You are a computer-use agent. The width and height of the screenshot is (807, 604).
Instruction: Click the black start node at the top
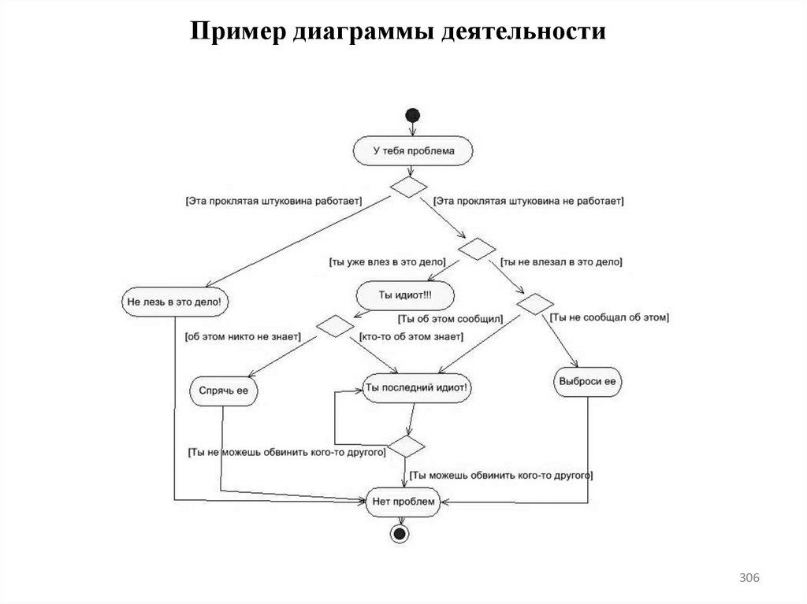click(412, 115)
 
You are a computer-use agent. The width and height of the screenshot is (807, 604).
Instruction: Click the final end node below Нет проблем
click(400, 534)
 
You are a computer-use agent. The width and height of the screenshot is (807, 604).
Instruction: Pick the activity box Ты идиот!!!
click(405, 295)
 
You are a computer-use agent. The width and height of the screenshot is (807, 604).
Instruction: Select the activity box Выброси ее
click(588, 382)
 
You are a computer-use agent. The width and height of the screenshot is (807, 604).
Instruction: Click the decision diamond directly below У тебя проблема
click(409, 187)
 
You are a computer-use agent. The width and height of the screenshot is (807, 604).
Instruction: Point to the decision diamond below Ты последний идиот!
click(407, 446)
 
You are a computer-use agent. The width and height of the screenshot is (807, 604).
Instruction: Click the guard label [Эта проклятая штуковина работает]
click(273, 202)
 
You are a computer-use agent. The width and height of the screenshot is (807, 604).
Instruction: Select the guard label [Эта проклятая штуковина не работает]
click(529, 202)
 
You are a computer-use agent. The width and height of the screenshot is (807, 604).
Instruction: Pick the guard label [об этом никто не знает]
click(243, 336)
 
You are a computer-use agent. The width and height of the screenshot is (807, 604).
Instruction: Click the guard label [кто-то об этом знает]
click(411, 336)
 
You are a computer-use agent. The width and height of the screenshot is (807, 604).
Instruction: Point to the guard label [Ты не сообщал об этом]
click(608, 317)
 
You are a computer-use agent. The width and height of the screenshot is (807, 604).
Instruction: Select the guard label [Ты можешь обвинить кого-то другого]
click(501, 476)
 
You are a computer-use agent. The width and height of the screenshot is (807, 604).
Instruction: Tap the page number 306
click(749, 580)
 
